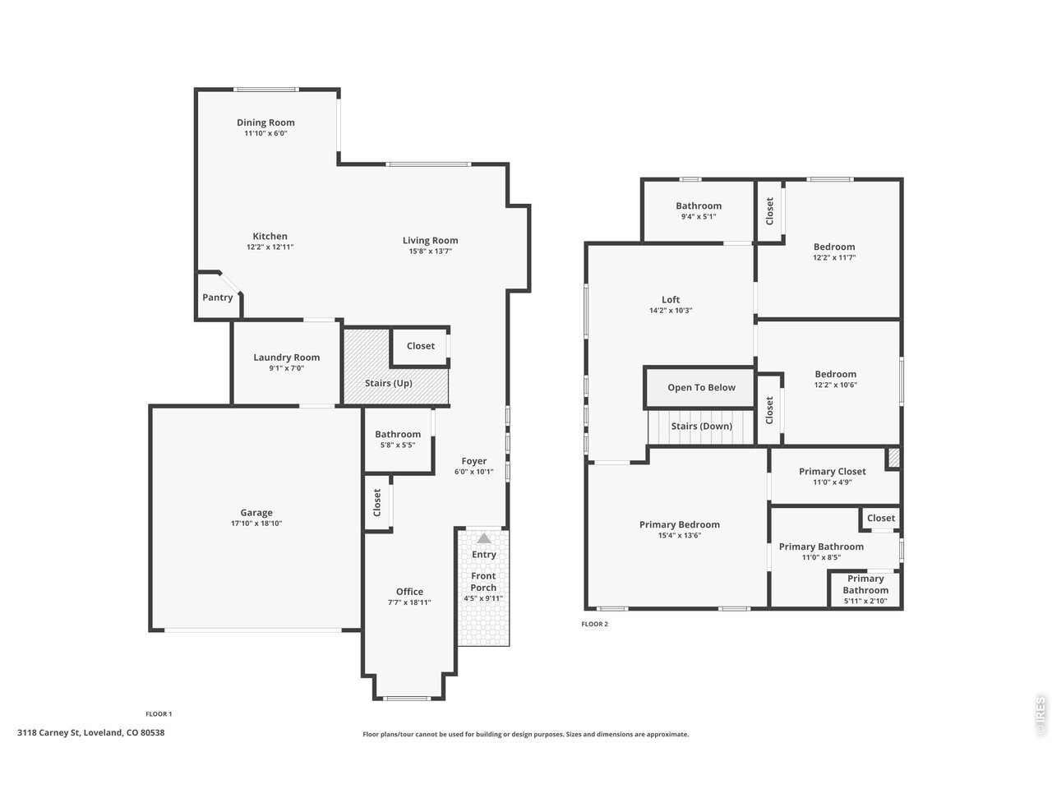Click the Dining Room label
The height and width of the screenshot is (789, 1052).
point(265,122)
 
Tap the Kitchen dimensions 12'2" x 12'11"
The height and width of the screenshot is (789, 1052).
point(270,247)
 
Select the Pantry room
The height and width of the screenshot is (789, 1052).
point(218,296)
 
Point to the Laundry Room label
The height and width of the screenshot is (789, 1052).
point(286,358)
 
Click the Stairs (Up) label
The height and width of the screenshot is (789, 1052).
point(388,383)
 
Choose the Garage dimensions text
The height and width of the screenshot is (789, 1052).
point(256,524)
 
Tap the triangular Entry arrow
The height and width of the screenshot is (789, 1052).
point(483,538)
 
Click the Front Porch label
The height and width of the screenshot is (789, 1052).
point(483,582)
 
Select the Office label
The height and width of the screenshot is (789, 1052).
point(409,592)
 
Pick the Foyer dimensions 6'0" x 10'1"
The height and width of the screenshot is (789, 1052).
point(473,472)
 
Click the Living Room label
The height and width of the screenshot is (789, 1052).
point(430,241)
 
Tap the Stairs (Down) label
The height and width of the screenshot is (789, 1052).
point(701,427)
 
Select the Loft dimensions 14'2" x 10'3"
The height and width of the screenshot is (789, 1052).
point(671,311)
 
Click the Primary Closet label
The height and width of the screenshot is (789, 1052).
point(832,472)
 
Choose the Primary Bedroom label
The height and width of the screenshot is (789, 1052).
point(679,525)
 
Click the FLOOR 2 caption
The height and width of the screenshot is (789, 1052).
point(594,624)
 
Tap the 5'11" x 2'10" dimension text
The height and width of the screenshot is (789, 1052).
point(865,602)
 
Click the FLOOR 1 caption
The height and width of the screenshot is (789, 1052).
point(159,713)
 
